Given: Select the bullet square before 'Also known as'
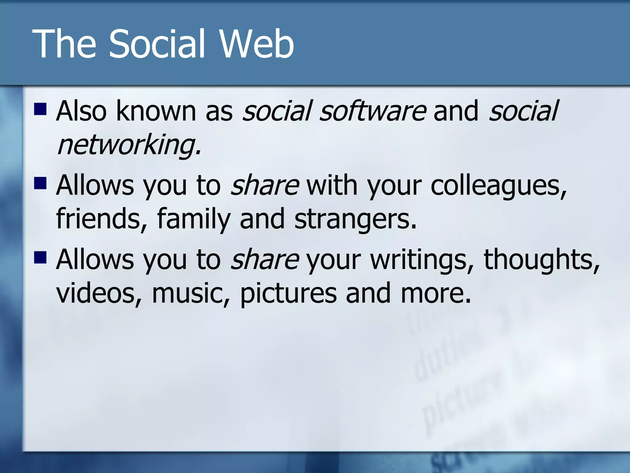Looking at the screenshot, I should click(40, 109).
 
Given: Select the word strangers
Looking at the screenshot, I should click(355, 219).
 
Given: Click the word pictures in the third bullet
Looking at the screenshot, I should click(288, 293).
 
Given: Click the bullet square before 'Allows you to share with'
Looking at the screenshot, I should click(40, 183).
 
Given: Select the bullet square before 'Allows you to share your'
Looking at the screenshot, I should click(40, 257).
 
